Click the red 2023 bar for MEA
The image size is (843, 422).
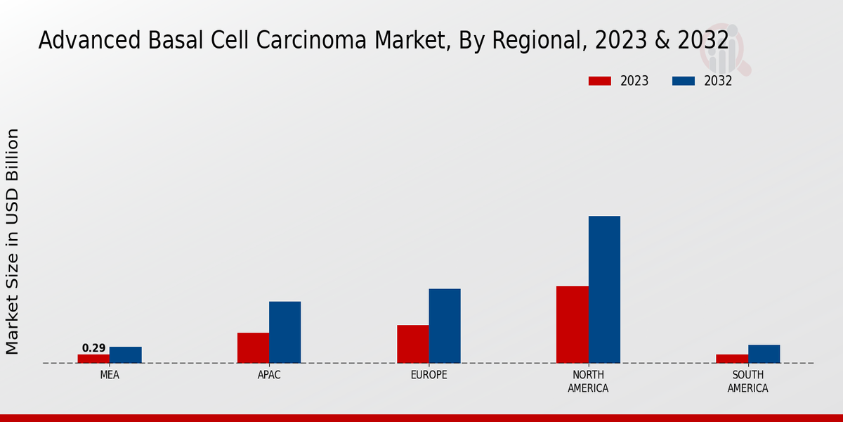93,359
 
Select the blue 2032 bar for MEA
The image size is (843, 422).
125,355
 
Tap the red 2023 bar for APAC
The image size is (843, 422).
253,348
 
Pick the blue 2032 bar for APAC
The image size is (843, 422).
285,333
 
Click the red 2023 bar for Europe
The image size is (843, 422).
412,344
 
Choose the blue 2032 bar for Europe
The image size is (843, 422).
445,326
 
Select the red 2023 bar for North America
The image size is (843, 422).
572,325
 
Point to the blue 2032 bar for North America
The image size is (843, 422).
604,290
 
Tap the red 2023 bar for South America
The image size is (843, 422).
732,359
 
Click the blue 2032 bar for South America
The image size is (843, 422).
764,354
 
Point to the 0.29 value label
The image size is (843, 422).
93,348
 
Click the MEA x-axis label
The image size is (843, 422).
110,375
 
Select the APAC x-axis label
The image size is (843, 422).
269,375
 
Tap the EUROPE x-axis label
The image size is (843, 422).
429,375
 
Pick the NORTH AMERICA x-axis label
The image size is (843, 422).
588,381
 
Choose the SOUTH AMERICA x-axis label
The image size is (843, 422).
747,381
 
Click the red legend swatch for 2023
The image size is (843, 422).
599,81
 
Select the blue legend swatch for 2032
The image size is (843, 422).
683,81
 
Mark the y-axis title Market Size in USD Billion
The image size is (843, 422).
13,241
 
